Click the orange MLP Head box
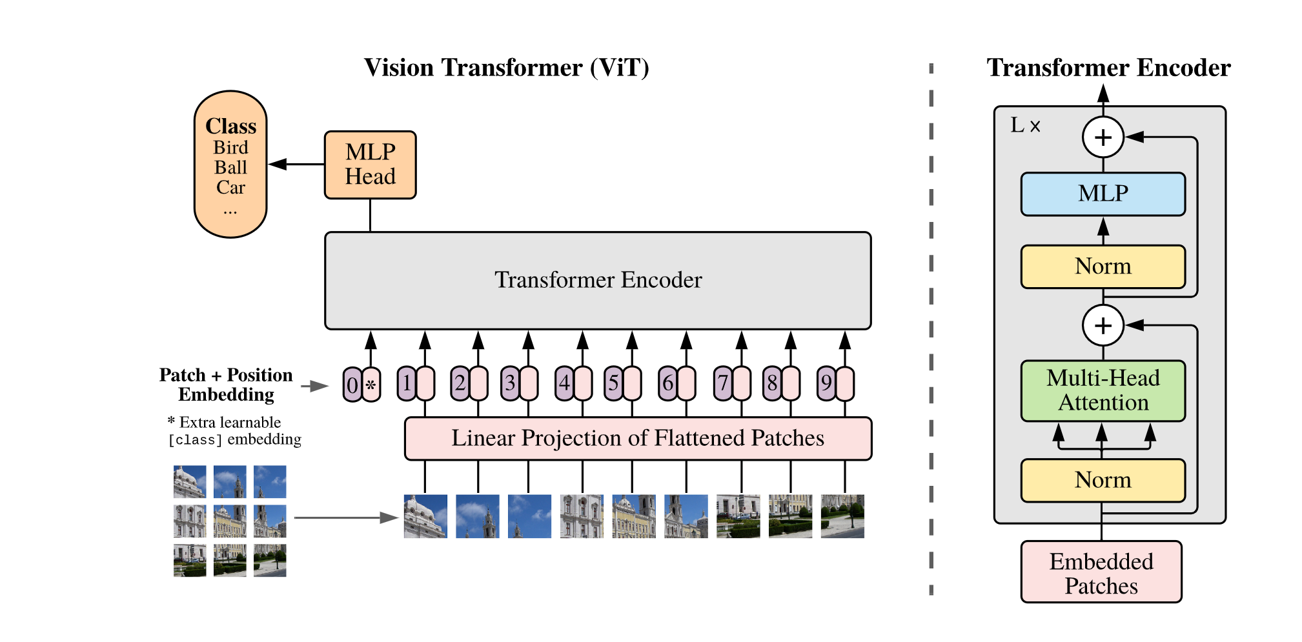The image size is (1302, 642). (x=370, y=165)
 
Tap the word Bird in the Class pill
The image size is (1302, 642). (x=230, y=147)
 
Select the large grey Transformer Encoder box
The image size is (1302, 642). (x=598, y=281)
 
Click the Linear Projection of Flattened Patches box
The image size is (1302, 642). (x=638, y=438)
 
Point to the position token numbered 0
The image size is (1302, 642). (x=352, y=385)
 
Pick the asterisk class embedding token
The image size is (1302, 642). (x=371, y=385)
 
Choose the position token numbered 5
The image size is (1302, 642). (x=613, y=383)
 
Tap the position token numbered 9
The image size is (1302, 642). (x=826, y=383)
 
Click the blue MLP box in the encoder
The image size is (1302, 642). (x=1103, y=194)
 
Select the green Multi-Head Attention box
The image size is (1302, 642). (x=1103, y=390)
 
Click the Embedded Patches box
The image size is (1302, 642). (x=1101, y=572)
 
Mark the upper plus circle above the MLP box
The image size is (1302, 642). (x=1103, y=137)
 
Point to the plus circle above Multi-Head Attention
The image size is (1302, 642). (x=1103, y=325)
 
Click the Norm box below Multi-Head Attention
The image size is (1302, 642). (x=1103, y=480)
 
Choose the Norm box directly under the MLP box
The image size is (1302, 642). (x=1103, y=266)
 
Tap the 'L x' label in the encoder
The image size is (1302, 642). (x=1025, y=125)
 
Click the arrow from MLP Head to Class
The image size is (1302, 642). (x=296, y=165)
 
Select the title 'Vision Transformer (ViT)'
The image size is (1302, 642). (x=507, y=68)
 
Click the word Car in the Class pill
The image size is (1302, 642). (x=230, y=187)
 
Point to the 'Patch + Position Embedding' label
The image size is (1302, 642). (x=226, y=385)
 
